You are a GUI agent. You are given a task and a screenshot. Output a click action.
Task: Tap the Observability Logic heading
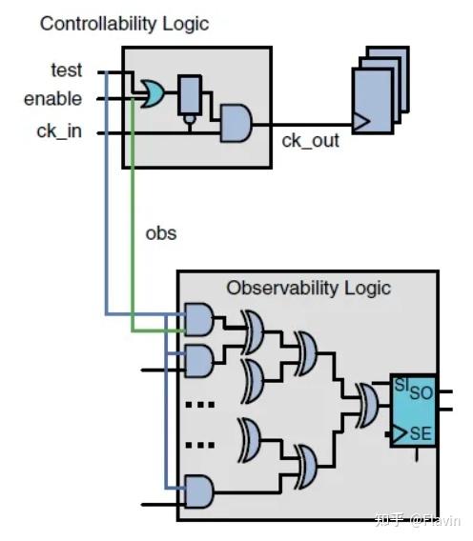[x=308, y=287]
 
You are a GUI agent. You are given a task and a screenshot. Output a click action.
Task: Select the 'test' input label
[x=66, y=70]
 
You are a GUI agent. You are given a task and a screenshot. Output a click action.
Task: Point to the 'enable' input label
[x=52, y=98]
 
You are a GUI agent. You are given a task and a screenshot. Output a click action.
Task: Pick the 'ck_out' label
[x=309, y=141]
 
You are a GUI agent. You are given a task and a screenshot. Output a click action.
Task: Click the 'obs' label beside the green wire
[x=160, y=231]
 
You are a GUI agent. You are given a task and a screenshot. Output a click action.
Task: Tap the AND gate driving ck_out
[x=234, y=122]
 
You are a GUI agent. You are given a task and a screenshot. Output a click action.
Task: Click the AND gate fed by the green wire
[x=197, y=321]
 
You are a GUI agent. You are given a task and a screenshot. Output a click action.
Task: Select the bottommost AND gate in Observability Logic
[x=197, y=491]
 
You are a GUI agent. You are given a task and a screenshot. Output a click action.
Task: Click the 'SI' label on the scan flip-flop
[x=401, y=385]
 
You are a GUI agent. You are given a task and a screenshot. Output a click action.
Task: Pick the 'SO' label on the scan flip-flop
[x=421, y=391]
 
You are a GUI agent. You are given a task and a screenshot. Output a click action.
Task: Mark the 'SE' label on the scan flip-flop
[x=421, y=434]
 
